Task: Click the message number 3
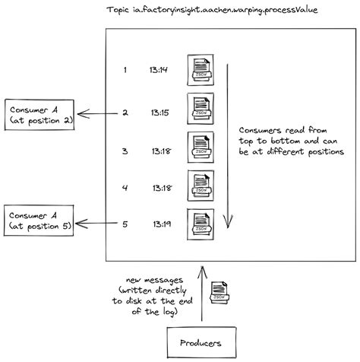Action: (125, 151)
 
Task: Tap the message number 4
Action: (125, 186)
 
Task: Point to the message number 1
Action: (125, 70)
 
